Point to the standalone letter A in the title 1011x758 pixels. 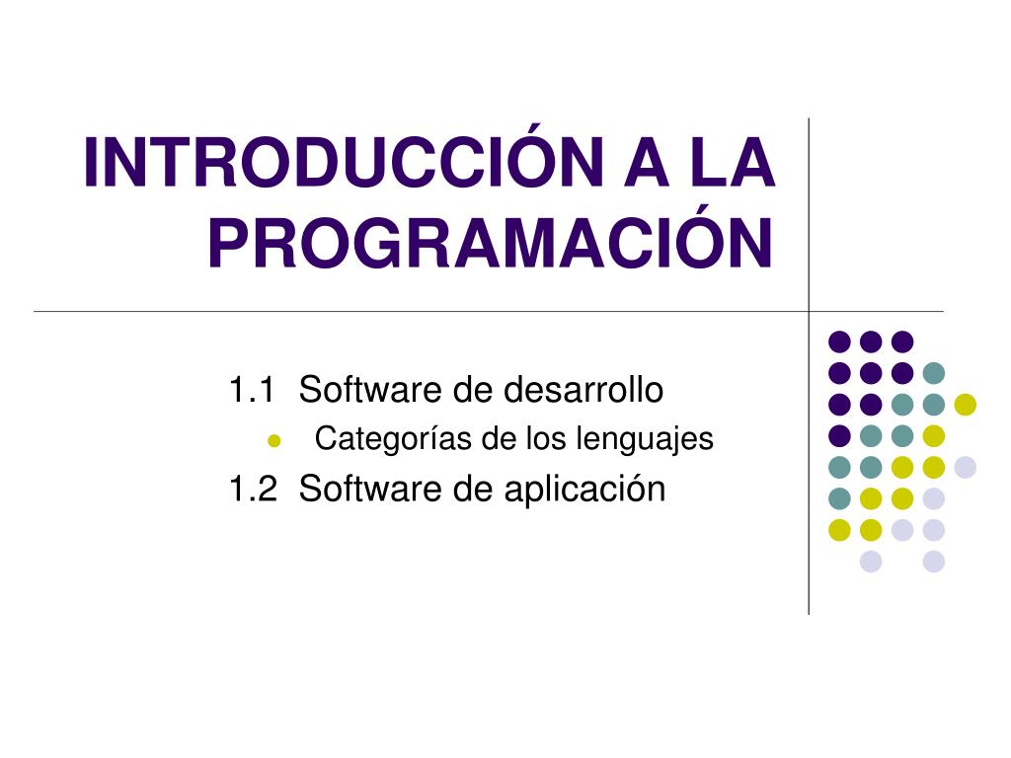coord(647,162)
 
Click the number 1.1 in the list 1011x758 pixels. coord(252,390)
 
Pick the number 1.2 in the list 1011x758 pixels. coord(253,489)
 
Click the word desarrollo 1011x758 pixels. coord(583,389)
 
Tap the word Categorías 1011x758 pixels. coord(393,439)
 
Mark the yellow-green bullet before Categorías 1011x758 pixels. coord(274,441)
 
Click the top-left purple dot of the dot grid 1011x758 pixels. coord(839,341)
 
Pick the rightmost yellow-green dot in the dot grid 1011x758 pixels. coord(966,404)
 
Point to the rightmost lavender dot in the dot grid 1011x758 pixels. coord(966,467)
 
